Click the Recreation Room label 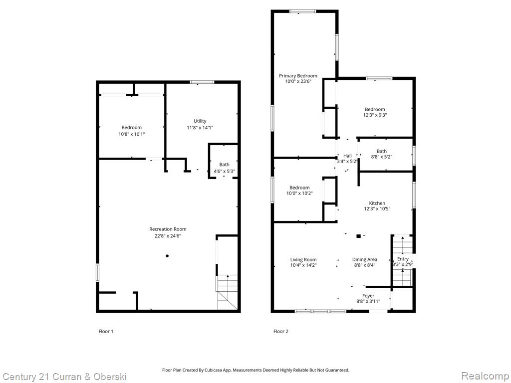pyautogui.click(x=168, y=229)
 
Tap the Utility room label pyautogui.click(x=200, y=121)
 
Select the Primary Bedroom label pyautogui.click(x=298, y=76)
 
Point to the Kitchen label pyautogui.click(x=377, y=203)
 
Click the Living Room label pyautogui.click(x=303, y=259)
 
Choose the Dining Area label pyautogui.click(x=365, y=259)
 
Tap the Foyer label pyautogui.click(x=368, y=296)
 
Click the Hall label pyautogui.click(x=347, y=156)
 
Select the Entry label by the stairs pyautogui.click(x=403, y=259)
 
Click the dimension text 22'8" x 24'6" pyautogui.click(x=168, y=236)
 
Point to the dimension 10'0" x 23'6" pyautogui.click(x=298, y=81)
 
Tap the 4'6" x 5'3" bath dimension pyautogui.click(x=224, y=172)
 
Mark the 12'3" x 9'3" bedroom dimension pyautogui.click(x=375, y=115)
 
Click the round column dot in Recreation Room pyautogui.click(x=167, y=256)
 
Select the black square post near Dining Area pyautogui.click(x=358, y=236)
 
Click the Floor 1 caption pyautogui.click(x=106, y=332)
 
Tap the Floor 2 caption pyautogui.click(x=281, y=332)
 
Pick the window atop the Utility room pyautogui.click(x=202, y=82)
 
